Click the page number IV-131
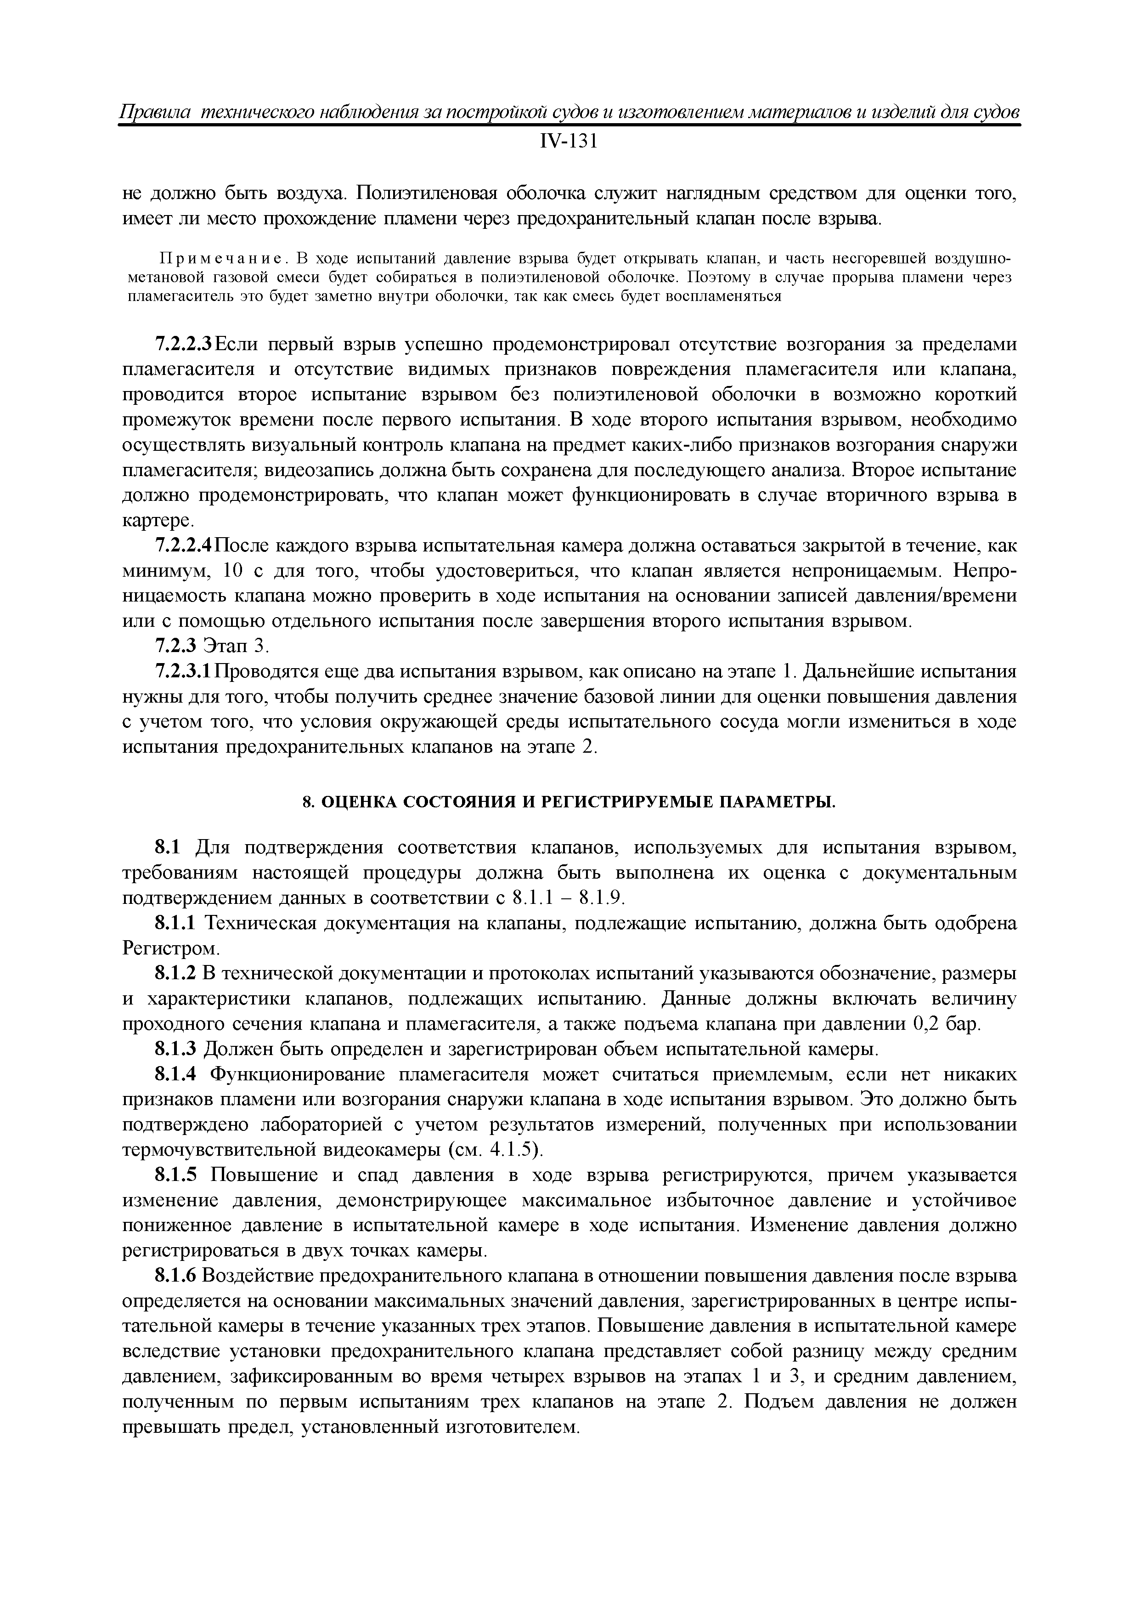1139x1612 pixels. pos(569,142)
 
